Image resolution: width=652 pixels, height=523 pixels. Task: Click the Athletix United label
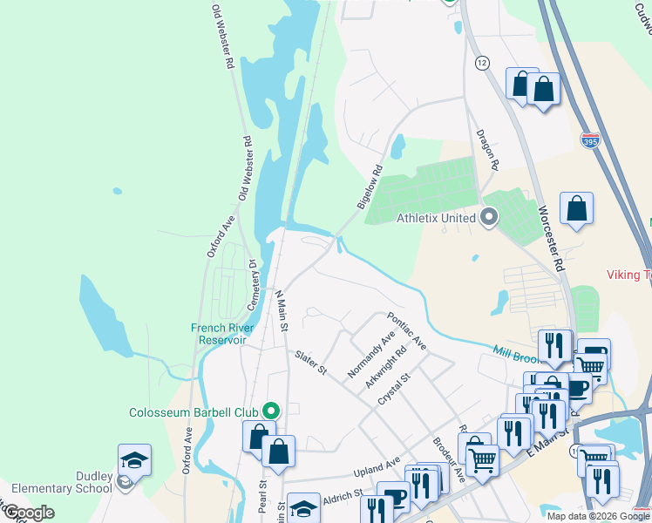point(437,217)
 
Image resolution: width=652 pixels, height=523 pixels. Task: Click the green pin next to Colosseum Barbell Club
point(272,410)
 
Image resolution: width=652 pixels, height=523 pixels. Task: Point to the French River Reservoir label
point(226,334)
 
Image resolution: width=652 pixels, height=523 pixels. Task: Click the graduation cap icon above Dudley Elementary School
point(135,458)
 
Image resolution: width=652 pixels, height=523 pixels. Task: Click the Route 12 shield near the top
point(482,62)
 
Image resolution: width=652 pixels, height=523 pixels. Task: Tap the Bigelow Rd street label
point(370,187)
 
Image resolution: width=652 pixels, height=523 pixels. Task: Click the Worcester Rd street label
point(554,234)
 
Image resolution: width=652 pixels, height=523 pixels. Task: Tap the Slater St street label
point(310,363)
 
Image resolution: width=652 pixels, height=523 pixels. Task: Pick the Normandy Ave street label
point(370,353)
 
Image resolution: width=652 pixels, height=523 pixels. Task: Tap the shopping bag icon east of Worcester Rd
point(576,208)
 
